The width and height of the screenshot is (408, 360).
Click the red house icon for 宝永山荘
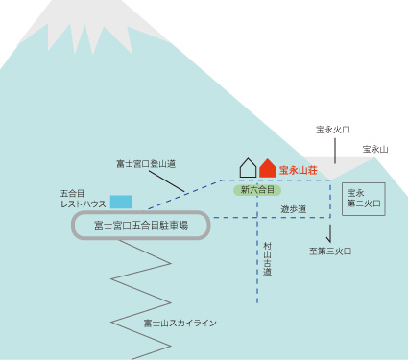point(267,169)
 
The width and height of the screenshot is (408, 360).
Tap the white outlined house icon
point(248,169)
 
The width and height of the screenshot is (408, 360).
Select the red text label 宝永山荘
point(299,170)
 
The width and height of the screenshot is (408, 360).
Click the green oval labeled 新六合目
point(257,190)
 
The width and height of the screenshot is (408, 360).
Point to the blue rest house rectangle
point(121,202)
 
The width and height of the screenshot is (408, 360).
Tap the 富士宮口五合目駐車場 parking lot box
point(140,226)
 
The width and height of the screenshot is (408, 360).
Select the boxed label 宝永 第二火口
point(363,199)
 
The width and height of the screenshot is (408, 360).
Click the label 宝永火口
point(333,129)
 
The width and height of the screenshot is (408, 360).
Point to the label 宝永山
point(375,149)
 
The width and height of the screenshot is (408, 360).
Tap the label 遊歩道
point(294,208)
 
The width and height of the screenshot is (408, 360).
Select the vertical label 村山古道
point(267,259)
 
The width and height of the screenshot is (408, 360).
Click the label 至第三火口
point(329,252)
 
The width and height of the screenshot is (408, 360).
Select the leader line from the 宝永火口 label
point(333,148)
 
